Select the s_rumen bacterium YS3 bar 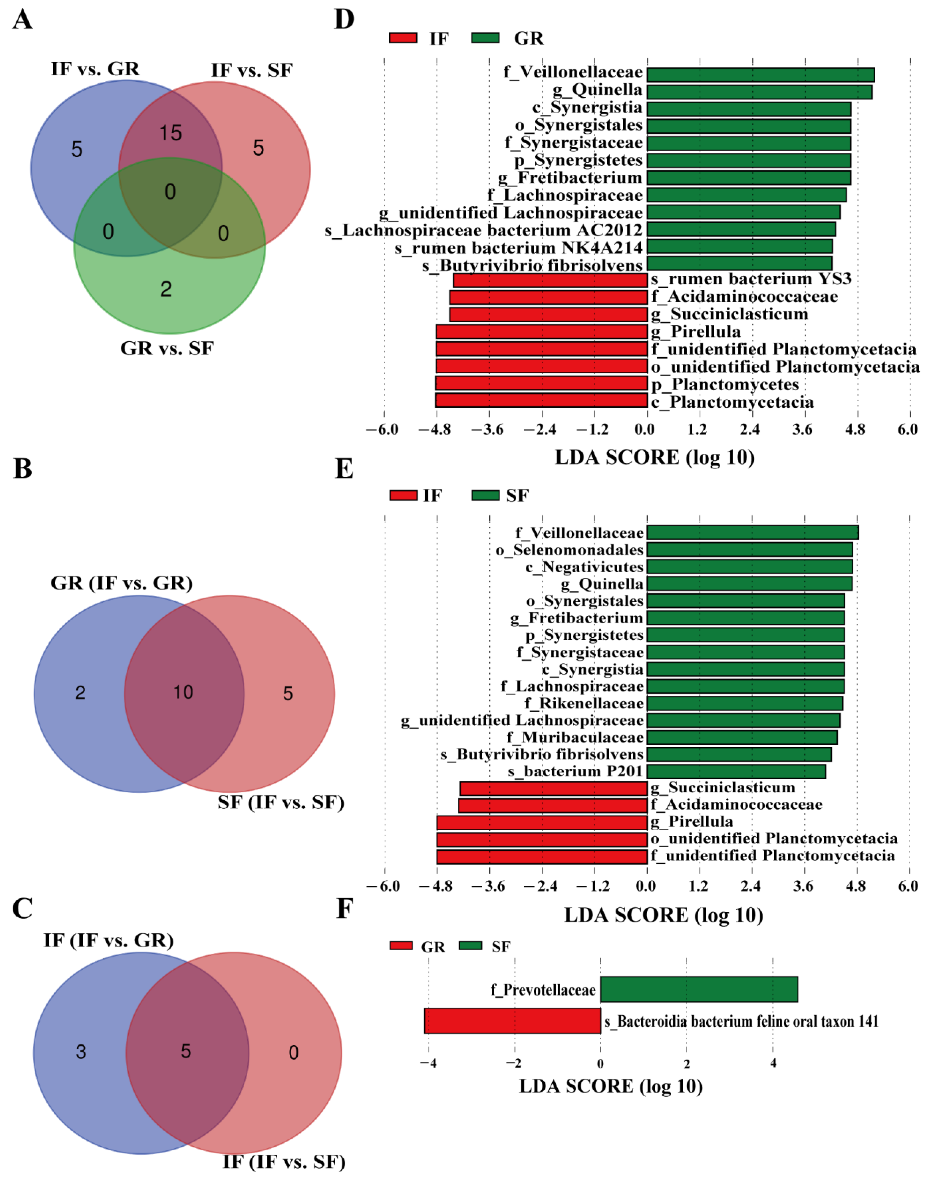pyautogui.click(x=550, y=280)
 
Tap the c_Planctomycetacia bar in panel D pyautogui.click(x=542, y=400)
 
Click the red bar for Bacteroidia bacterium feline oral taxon pyautogui.click(x=512, y=1021)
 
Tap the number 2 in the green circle pyautogui.click(x=166, y=289)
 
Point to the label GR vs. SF pyautogui.click(x=167, y=348)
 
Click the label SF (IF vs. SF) pyautogui.click(x=281, y=802)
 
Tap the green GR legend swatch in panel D pyautogui.click(x=485, y=38)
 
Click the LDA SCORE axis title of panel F pyautogui.click(x=611, y=1086)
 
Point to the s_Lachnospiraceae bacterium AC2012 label pyautogui.click(x=483, y=230)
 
